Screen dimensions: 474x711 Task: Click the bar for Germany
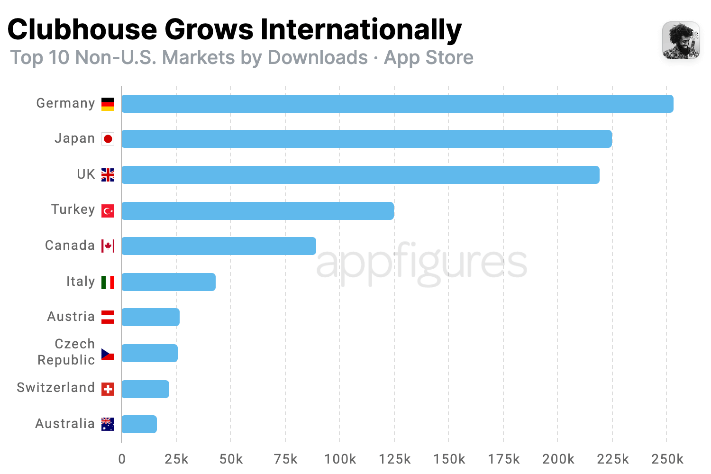point(397,104)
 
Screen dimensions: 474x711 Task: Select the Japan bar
point(366,139)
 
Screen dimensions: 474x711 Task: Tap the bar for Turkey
point(257,211)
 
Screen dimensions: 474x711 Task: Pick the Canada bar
point(219,246)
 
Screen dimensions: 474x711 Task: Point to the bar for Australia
point(139,424)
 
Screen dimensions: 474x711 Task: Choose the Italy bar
point(168,282)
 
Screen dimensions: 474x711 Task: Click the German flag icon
point(108,104)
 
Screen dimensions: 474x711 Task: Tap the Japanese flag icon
point(108,139)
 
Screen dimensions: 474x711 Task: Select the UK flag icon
point(108,175)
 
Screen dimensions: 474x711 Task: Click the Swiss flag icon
point(108,389)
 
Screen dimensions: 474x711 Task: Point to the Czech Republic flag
point(108,354)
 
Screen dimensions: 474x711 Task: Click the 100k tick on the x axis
point(340,459)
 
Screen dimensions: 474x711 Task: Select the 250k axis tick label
point(667,459)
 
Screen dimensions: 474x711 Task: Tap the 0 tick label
point(122,459)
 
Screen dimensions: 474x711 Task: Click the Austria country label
point(71,317)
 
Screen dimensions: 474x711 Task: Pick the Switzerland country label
point(56,388)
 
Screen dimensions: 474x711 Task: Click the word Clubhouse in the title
point(82,29)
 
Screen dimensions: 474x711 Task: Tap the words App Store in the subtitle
point(428,57)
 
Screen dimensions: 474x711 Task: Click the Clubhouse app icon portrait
point(681,40)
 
